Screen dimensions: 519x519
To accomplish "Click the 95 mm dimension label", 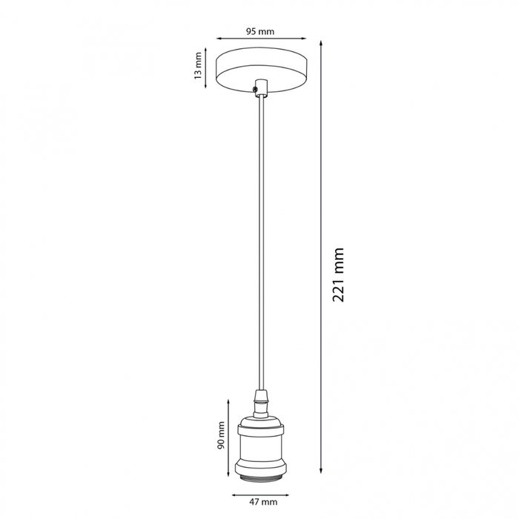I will click(259, 31).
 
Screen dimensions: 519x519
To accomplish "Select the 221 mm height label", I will click(340, 274).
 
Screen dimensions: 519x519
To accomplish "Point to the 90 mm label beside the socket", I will click(220, 438).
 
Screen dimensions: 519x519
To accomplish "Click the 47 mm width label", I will click(259, 503).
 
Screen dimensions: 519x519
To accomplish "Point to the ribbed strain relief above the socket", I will click(259, 405).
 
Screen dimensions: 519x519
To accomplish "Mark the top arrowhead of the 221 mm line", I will click(322, 42).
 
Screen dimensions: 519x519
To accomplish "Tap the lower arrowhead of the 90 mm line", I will click(228, 474).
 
